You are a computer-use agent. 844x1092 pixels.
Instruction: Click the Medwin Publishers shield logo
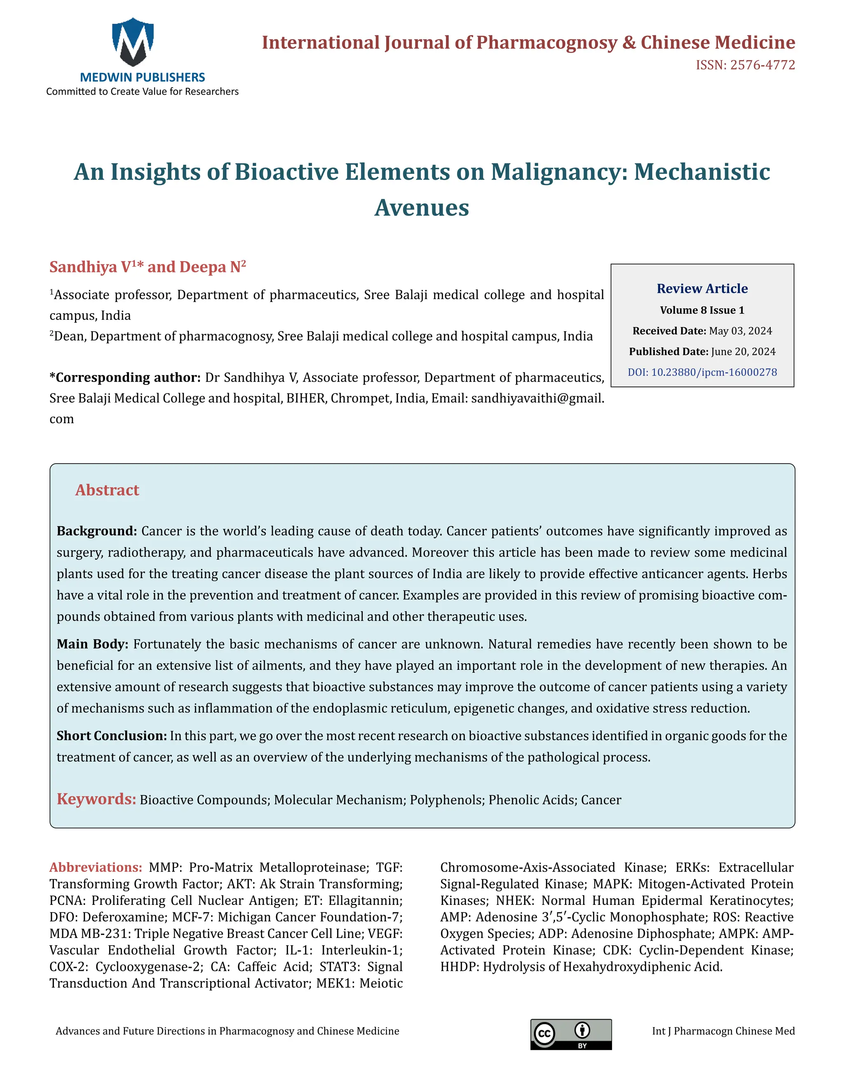click(133, 42)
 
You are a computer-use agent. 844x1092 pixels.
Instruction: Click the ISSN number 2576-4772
click(762, 65)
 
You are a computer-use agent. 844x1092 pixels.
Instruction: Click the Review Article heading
click(702, 288)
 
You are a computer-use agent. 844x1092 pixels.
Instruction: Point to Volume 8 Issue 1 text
click(702, 310)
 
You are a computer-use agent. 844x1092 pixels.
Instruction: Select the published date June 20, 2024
click(743, 352)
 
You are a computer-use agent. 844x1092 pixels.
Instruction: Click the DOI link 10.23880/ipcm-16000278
click(702, 372)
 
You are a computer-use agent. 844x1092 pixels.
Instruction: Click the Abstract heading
click(107, 490)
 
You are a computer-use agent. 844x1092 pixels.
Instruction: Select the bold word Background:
click(96, 531)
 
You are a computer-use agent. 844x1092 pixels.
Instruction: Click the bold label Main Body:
click(92, 644)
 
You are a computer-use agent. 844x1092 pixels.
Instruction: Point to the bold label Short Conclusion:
click(112, 736)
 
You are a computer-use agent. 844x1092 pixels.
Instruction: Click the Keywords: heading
click(96, 799)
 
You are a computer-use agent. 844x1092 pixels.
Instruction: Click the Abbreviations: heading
click(96, 867)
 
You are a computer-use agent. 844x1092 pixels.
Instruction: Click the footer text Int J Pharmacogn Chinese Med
click(723, 1031)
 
